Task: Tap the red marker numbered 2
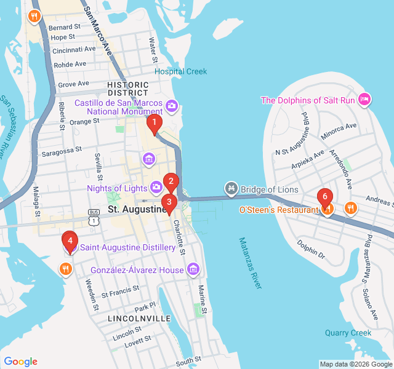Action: click(x=171, y=182)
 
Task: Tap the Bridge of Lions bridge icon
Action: click(x=231, y=186)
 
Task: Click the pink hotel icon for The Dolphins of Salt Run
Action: click(x=364, y=100)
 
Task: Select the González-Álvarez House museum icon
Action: click(x=193, y=269)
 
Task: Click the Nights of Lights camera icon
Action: click(x=157, y=186)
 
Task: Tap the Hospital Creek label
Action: click(x=181, y=71)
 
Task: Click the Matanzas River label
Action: click(x=251, y=263)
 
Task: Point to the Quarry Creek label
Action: click(x=348, y=333)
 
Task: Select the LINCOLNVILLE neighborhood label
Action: click(x=139, y=319)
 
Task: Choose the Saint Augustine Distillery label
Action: click(x=128, y=248)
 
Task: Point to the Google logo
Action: click(x=20, y=362)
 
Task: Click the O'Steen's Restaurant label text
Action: click(x=278, y=210)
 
